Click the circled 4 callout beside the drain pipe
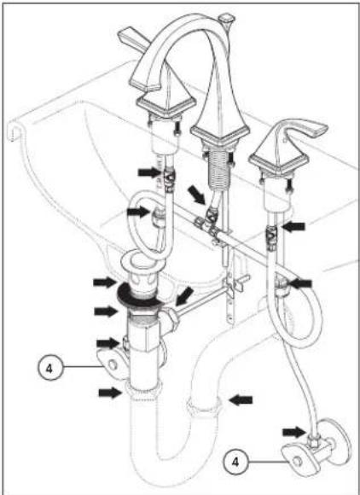point(49,368)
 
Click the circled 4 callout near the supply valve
point(235,462)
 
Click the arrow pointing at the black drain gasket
point(105,282)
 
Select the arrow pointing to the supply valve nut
point(294,432)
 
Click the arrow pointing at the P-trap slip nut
point(241,400)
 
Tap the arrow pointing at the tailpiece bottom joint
point(110,393)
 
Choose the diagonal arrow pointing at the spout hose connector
point(196,195)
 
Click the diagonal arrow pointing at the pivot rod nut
point(184,296)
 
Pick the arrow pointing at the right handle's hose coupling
point(293,226)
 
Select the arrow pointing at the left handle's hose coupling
point(150,172)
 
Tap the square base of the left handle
point(166,105)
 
